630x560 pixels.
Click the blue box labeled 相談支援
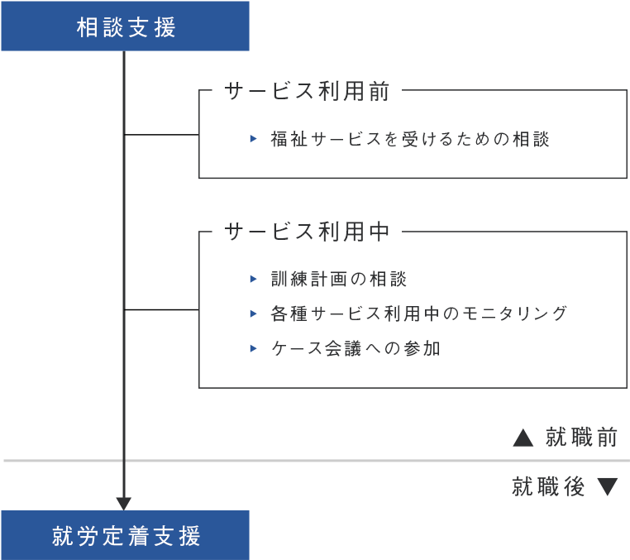coord(125,26)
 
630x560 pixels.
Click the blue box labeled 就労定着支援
coord(125,536)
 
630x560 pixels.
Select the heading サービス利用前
coord(307,92)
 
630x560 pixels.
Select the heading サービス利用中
coord(307,232)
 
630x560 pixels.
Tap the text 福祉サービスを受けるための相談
coord(410,139)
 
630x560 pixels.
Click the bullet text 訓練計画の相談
coord(339,279)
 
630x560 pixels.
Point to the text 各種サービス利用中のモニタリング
coord(419,314)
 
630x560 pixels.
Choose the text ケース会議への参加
coord(356,348)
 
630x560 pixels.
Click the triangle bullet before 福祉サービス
coord(255,139)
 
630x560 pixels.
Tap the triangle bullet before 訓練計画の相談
coord(255,279)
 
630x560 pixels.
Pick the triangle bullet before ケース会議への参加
coord(255,348)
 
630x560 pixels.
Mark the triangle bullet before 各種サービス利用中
coord(255,314)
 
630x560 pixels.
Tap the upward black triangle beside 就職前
coord(523,438)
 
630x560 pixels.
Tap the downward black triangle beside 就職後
coord(608,487)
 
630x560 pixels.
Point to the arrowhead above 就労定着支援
coord(124,504)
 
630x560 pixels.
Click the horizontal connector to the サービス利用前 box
coord(161,134)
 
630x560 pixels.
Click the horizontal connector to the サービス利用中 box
coord(161,309)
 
